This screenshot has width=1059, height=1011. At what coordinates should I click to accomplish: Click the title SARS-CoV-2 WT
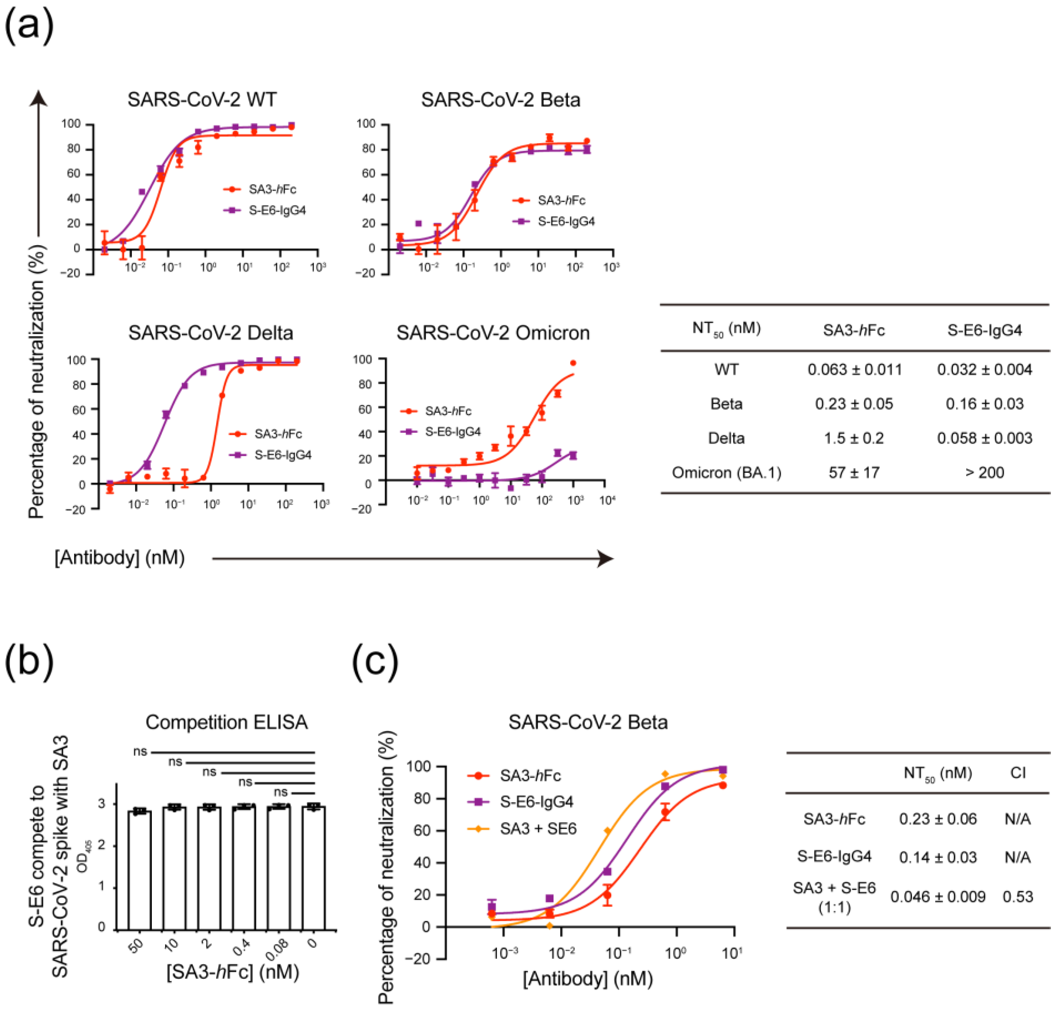(x=202, y=100)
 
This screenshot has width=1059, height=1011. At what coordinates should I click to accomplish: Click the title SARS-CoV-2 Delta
(x=211, y=333)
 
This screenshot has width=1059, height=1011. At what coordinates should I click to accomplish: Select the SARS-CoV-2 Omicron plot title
(x=493, y=333)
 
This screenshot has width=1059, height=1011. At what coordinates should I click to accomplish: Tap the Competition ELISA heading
(x=226, y=722)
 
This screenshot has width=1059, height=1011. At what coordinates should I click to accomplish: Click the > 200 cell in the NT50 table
(x=984, y=473)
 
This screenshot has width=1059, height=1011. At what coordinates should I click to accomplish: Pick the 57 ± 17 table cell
(x=854, y=473)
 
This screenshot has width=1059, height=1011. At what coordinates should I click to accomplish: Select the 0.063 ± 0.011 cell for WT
(x=854, y=370)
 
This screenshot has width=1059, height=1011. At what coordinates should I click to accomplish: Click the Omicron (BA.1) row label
(x=726, y=473)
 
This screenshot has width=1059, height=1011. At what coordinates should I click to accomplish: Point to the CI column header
(x=1018, y=773)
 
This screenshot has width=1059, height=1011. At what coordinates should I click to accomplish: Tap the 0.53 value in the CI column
(x=1018, y=897)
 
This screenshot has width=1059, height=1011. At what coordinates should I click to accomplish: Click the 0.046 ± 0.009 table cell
(x=937, y=897)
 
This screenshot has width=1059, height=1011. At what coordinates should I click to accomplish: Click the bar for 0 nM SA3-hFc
(x=313, y=868)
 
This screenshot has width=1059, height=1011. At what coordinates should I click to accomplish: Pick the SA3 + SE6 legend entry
(x=537, y=829)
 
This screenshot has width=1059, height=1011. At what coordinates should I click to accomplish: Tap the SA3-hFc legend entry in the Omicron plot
(x=447, y=411)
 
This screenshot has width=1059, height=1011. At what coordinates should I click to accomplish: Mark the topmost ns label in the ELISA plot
(x=140, y=751)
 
